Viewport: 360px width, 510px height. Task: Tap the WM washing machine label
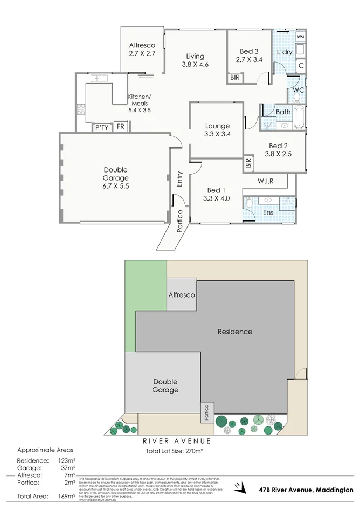[301, 36]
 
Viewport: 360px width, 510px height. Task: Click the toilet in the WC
[297, 98]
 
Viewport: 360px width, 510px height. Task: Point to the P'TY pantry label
[101, 128]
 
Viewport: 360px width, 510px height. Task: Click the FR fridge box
[121, 127]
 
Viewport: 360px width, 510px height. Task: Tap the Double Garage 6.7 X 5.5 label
[116, 178]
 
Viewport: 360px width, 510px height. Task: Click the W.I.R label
[265, 181]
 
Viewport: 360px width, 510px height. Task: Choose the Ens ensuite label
[268, 212]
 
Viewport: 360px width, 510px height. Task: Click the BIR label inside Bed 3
[235, 78]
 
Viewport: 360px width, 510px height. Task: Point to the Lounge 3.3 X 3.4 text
[217, 130]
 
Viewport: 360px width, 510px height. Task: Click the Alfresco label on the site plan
[182, 295]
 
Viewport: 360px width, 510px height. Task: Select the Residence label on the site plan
[234, 332]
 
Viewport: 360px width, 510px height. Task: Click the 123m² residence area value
[66, 461]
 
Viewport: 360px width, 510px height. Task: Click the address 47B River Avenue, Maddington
[305, 490]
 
